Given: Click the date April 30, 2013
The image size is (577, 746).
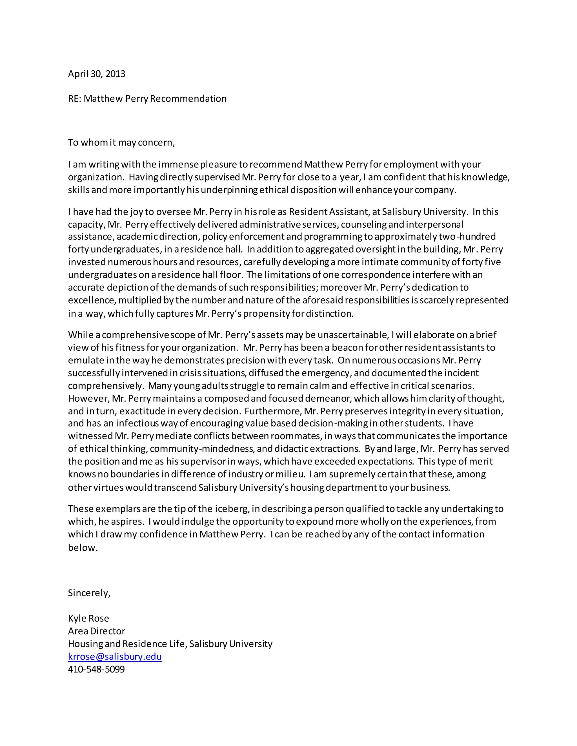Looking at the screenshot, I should coord(96,74).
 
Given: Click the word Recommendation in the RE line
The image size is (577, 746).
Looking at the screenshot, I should coord(188,99).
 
